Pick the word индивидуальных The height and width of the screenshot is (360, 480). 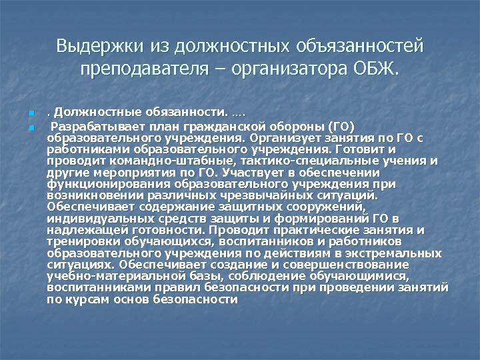tap(101, 219)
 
